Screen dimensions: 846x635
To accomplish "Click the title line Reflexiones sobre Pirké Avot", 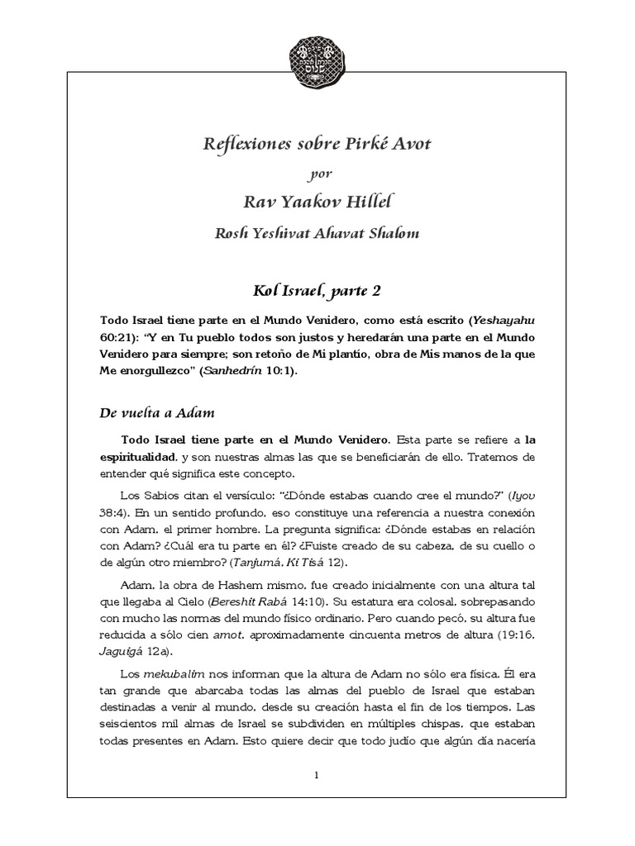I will [317, 145].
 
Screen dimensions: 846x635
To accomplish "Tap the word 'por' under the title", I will [317, 174].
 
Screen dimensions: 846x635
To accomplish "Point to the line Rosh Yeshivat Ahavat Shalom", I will [317, 233].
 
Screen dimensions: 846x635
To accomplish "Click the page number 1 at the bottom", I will [317, 775].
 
